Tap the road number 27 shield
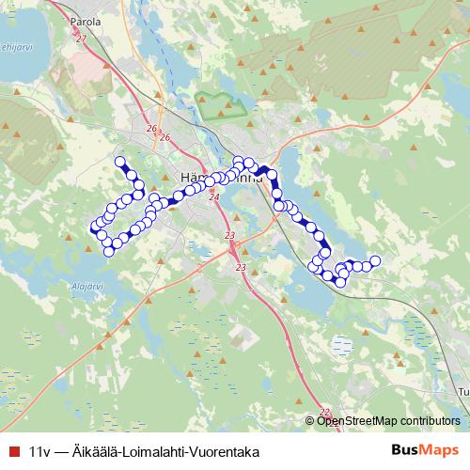(81, 38)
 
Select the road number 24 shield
(213, 197)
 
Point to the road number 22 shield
(324, 412)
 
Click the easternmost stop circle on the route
(375, 260)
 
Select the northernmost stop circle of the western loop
(119, 161)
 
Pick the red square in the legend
(12, 451)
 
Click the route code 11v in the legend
(40, 451)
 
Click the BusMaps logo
(425, 450)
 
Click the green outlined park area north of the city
(218, 105)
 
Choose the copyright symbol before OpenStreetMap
(311, 420)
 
